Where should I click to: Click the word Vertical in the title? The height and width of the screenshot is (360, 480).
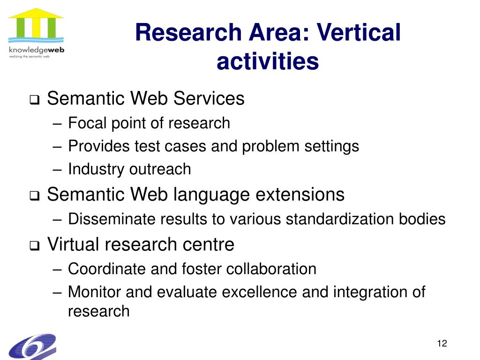(359, 32)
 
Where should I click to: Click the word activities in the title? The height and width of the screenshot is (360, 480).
(268, 61)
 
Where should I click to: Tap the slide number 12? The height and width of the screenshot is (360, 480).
(442, 343)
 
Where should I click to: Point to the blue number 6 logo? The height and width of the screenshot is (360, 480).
(32, 346)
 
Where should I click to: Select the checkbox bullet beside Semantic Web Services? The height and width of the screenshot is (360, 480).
(35, 100)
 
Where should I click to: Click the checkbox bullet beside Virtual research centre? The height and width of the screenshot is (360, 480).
(35, 246)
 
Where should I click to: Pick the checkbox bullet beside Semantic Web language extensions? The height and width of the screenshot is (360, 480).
(35, 195)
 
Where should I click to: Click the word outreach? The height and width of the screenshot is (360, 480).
(160, 169)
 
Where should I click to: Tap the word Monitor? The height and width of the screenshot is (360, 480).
(95, 292)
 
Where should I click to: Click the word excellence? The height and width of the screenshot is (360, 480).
(259, 292)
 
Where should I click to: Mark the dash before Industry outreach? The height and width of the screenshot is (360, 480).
(57, 170)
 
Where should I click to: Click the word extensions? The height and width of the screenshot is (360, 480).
(300, 195)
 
